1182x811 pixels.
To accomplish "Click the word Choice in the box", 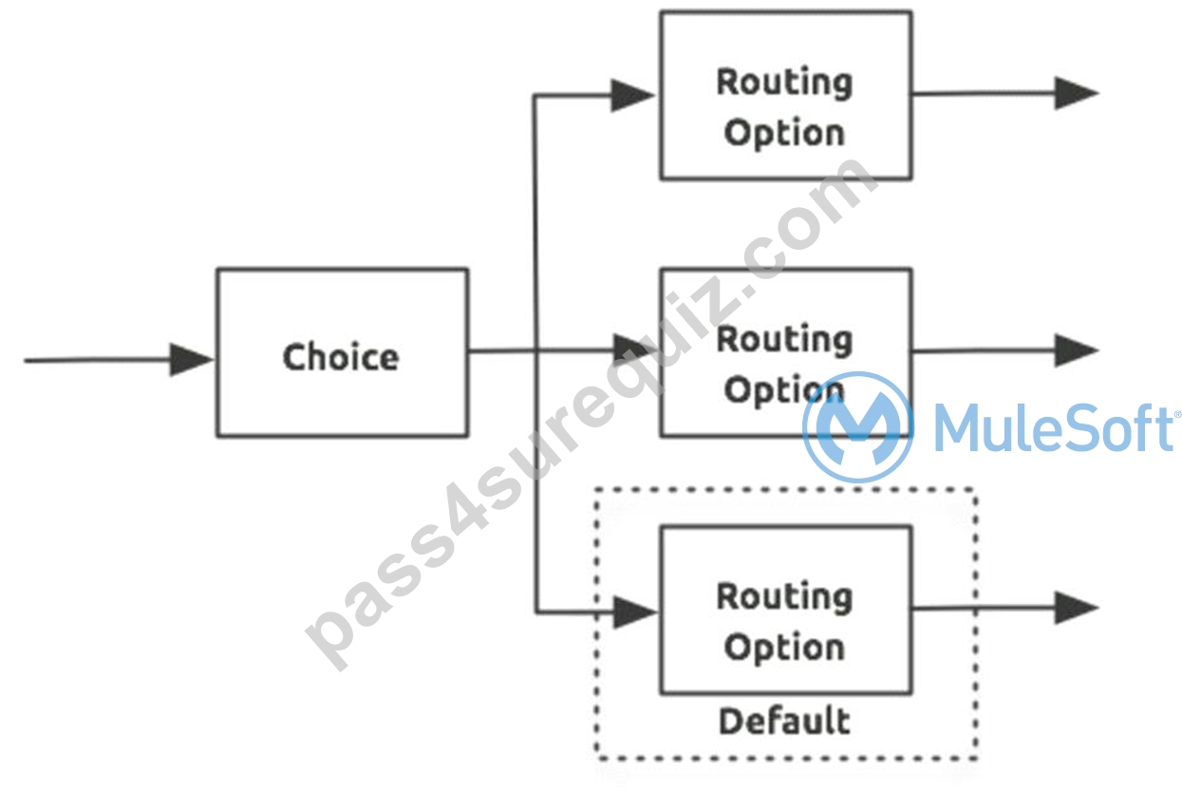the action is (341, 357).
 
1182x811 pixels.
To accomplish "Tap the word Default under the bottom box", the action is (784, 721).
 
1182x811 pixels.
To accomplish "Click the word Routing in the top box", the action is (784, 83).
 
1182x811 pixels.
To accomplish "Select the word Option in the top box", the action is (784, 133).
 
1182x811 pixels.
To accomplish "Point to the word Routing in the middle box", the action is (784, 340).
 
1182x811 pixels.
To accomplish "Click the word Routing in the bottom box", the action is (784, 597).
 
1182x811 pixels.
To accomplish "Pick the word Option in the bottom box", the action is (784, 648).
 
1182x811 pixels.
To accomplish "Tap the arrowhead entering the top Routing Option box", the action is (633, 96).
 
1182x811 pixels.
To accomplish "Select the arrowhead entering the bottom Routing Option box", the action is (636, 613).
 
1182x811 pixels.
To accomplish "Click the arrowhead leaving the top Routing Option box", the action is (1077, 93).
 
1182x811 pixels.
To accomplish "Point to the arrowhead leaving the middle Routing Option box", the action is (1077, 350).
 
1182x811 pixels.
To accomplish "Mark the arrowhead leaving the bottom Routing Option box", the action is (1077, 608).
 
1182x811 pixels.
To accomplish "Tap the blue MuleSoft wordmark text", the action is (1053, 428).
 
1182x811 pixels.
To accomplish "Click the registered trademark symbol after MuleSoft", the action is (1177, 415).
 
